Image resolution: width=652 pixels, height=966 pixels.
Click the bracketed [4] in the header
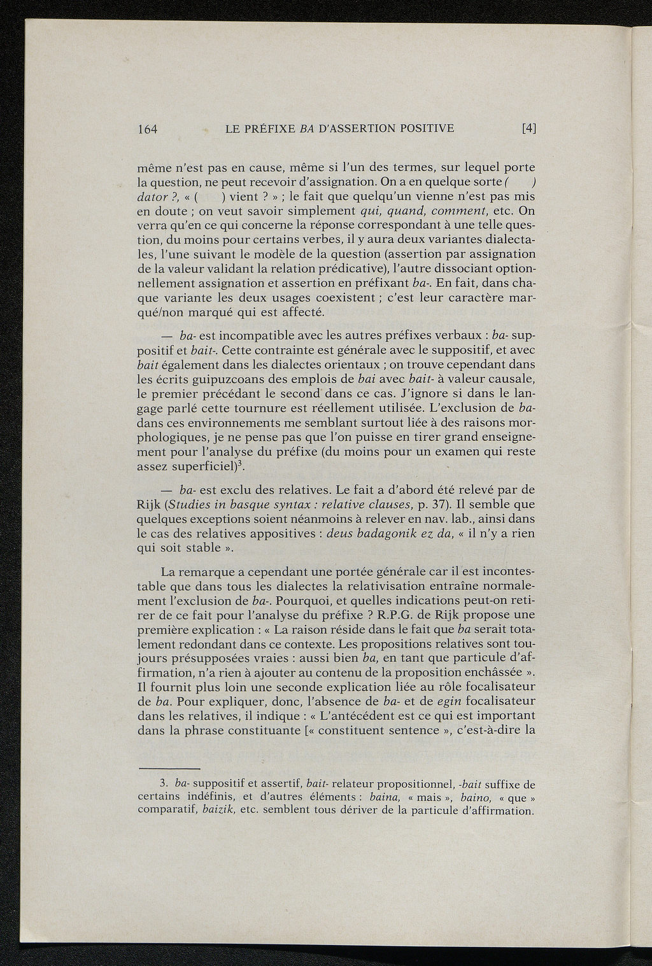528,129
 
